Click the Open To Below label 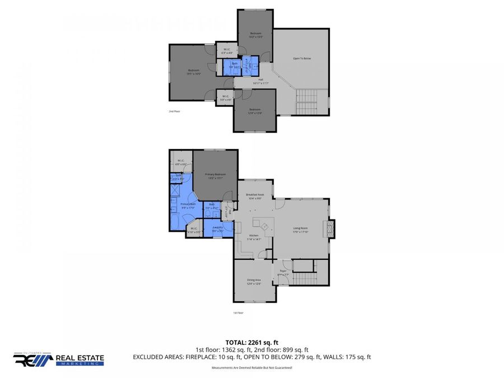click(x=302, y=58)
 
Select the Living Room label click(x=301, y=228)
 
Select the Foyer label click(x=283, y=274)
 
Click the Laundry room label click(x=217, y=227)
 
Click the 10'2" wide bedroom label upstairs click(x=256, y=35)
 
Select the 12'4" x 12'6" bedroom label click(x=255, y=111)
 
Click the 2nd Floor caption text click(x=174, y=111)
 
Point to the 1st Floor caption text click(x=239, y=312)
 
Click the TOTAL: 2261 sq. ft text click(x=251, y=341)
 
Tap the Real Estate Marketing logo click(x=58, y=360)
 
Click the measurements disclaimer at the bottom click(x=251, y=367)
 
